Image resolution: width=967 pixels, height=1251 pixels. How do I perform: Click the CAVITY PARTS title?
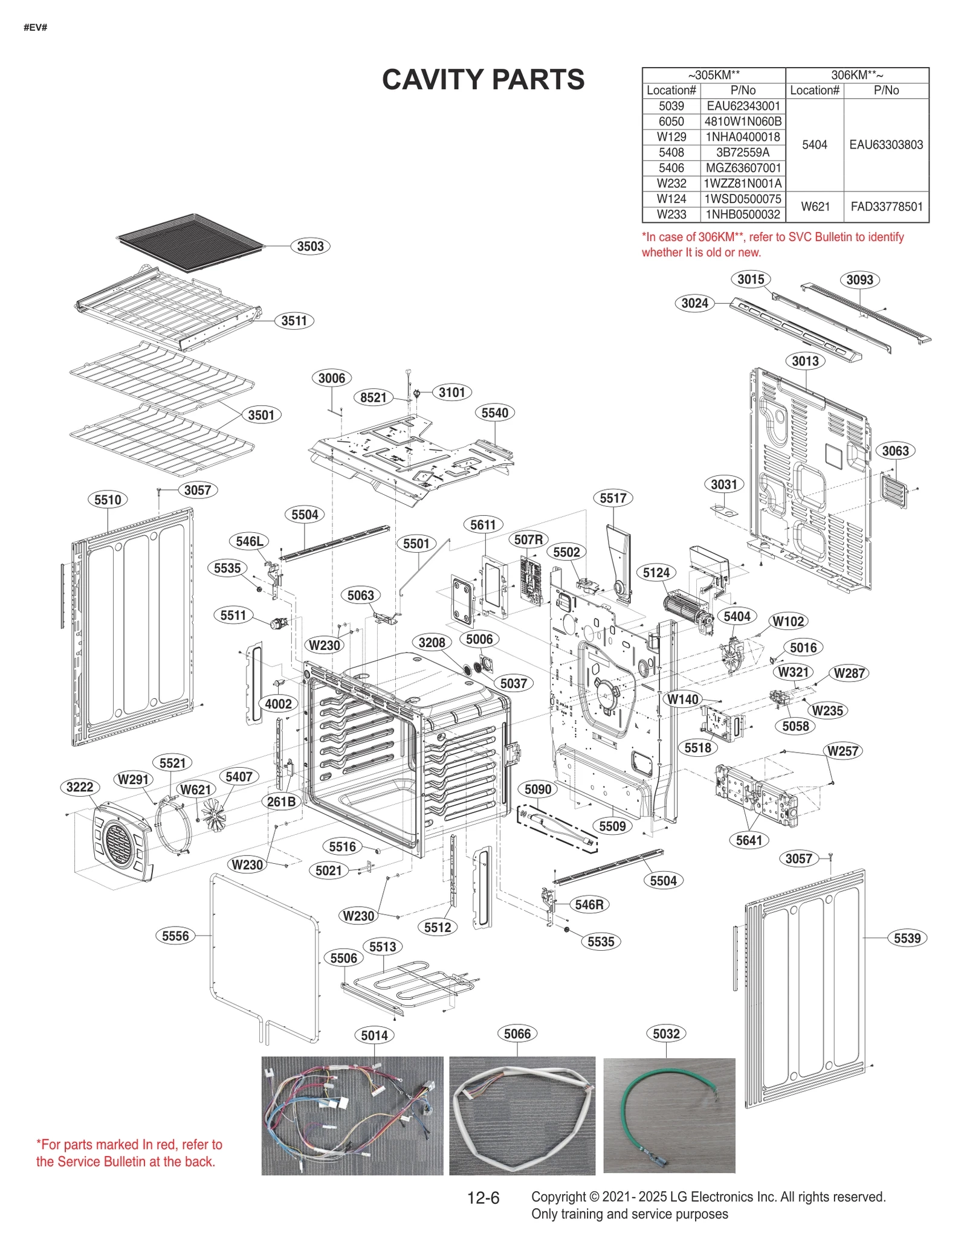coord(483,80)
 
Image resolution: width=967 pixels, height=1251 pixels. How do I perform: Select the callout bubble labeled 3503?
coord(310,246)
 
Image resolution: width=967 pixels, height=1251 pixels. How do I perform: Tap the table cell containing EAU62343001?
coord(743,106)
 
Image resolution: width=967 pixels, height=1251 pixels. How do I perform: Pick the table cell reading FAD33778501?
coord(886,207)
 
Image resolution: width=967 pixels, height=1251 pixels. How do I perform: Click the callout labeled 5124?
coord(656,572)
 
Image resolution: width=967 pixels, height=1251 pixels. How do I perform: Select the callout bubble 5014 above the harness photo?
coord(374,1035)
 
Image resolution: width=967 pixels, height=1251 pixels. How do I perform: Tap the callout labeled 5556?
coord(175,936)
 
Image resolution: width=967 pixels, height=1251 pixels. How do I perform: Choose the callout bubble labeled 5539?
coord(907,938)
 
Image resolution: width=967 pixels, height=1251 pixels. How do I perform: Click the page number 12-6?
coord(483,1198)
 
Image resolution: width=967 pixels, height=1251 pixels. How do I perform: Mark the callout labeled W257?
coord(842,751)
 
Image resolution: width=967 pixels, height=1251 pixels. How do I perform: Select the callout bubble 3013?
coord(805,361)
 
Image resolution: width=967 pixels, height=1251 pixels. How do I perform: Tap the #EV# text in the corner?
coord(35,28)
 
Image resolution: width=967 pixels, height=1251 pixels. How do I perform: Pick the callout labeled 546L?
coord(249,541)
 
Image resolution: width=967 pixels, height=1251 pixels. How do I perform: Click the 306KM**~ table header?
coord(856,75)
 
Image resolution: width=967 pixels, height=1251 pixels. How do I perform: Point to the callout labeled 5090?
coord(537,789)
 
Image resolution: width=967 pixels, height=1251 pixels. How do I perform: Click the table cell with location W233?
coord(671,214)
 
